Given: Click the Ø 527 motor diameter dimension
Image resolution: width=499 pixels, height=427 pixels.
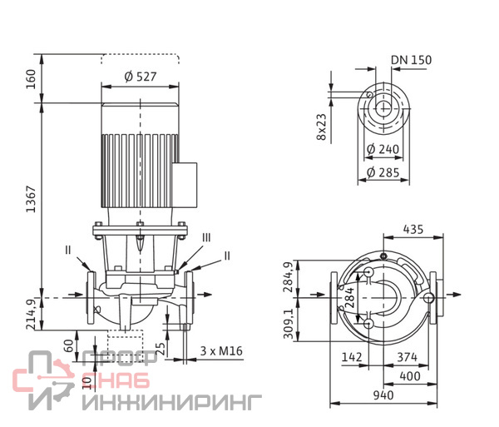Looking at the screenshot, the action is [x=141, y=77].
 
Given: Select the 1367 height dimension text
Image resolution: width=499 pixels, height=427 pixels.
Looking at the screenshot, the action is [x=32, y=199].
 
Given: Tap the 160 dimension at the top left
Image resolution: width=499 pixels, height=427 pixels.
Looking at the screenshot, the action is [x=31, y=79].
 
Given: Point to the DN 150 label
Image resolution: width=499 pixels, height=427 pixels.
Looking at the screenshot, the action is [x=411, y=60].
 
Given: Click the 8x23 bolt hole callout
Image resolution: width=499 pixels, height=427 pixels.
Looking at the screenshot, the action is [x=321, y=127].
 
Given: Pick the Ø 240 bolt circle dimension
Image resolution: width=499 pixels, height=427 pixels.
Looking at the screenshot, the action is [x=383, y=149].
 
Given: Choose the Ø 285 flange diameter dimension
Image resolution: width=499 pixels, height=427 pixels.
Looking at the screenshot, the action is [x=383, y=172].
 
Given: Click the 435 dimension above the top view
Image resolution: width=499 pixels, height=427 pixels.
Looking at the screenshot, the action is [x=413, y=229].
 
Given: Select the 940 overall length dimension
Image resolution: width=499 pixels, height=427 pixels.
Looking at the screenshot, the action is [x=383, y=395].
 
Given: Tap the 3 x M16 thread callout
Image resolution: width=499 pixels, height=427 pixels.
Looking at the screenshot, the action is [x=221, y=351].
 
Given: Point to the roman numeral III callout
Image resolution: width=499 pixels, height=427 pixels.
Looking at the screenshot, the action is [x=206, y=237].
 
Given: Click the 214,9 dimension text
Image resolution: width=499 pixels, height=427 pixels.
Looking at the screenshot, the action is [x=32, y=314].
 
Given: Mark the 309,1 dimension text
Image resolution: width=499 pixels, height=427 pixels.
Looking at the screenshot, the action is [x=289, y=324].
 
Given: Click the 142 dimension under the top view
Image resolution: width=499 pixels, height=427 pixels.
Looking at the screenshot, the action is [x=352, y=357].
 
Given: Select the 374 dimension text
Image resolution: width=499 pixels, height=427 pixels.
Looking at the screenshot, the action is [x=407, y=357].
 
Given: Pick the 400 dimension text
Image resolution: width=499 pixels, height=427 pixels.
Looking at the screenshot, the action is [x=410, y=376].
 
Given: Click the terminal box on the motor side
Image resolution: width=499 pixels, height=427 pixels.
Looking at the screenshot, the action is [x=185, y=186].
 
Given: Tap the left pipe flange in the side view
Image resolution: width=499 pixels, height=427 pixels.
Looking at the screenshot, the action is [x=91, y=298].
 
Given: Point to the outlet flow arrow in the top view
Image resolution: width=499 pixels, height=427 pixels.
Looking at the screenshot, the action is [x=454, y=295].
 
